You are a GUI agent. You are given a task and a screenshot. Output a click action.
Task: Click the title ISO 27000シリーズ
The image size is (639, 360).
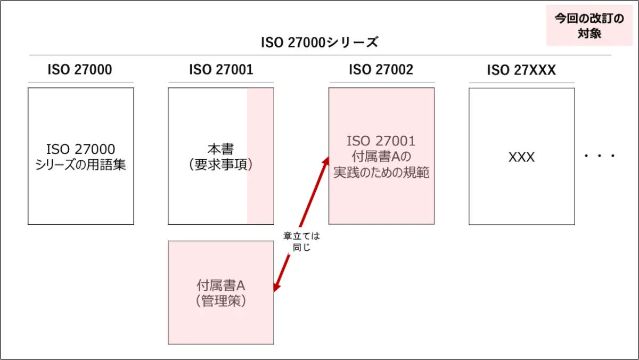pyautogui.click(x=319, y=43)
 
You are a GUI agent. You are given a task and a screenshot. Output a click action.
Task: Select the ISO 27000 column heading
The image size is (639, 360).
pyautogui.click(x=80, y=70)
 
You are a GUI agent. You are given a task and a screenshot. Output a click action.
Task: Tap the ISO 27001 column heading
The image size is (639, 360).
pyautogui.click(x=221, y=70)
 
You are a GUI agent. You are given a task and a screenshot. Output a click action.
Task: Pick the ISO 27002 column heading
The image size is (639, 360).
pyautogui.click(x=381, y=70)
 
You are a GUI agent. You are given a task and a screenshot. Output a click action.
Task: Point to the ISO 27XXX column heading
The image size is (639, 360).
pyautogui.click(x=521, y=70)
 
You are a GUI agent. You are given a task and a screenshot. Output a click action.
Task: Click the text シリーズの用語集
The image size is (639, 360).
pyautogui.click(x=81, y=165)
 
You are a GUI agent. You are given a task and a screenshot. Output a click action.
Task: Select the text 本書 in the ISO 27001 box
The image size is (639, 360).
pyautogui.click(x=220, y=149)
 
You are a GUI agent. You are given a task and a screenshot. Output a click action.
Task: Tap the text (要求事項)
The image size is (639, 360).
pyautogui.click(x=220, y=165)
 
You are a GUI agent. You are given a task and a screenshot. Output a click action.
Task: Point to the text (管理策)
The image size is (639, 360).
pyautogui.click(x=220, y=301)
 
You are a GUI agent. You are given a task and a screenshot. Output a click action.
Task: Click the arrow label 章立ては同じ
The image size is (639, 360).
pyautogui.click(x=301, y=241)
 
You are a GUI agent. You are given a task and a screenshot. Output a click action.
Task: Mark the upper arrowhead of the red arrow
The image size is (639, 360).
pyautogui.click(x=326, y=159)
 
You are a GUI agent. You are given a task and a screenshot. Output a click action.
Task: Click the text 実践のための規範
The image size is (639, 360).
pyautogui.click(x=381, y=173)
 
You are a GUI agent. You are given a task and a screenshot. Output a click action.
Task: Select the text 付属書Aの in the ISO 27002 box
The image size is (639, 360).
pyautogui.click(x=381, y=157)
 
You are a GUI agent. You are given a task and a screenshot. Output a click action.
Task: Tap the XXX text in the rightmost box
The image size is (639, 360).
pyautogui.click(x=521, y=157)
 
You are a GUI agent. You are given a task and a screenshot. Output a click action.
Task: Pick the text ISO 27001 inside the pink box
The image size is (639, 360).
pyautogui.click(x=381, y=141)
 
